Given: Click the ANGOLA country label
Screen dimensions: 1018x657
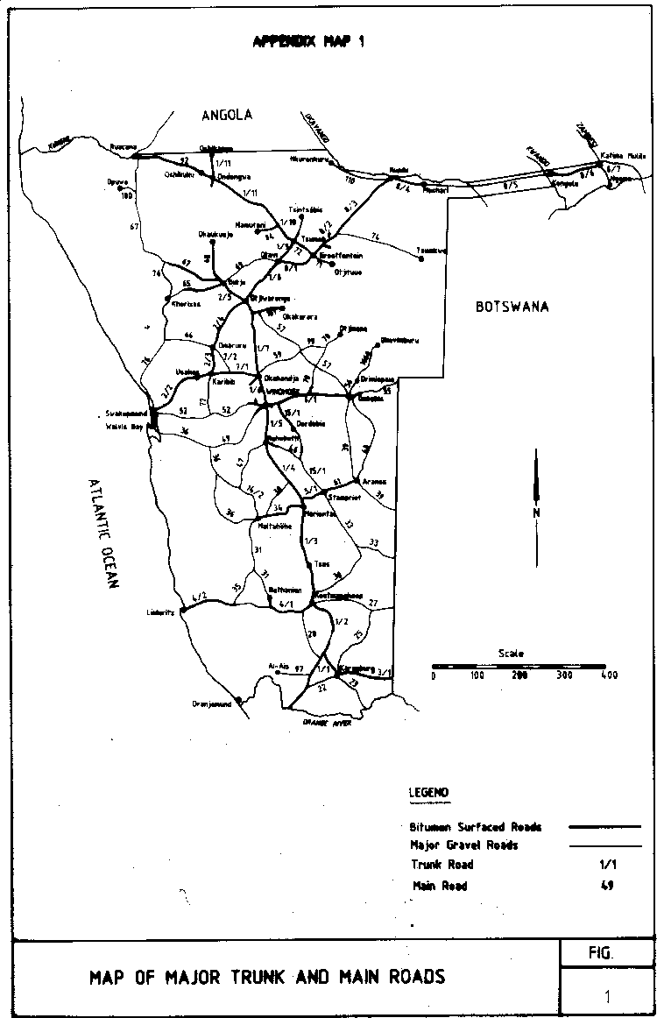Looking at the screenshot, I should (226, 115).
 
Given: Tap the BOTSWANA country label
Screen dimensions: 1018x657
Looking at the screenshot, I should (512, 307).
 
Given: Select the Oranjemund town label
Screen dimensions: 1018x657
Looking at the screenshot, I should (212, 703).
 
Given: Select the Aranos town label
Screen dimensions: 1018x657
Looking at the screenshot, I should (373, 482).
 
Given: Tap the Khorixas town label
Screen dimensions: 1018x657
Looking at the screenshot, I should (187, 304).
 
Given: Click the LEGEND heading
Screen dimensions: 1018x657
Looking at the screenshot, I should (429, 793).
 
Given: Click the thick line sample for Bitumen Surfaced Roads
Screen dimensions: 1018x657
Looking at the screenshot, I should (604, 826).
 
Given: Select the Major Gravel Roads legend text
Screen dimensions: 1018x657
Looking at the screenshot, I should (464, 845).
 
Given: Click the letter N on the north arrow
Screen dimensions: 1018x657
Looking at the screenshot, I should (536, 513).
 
